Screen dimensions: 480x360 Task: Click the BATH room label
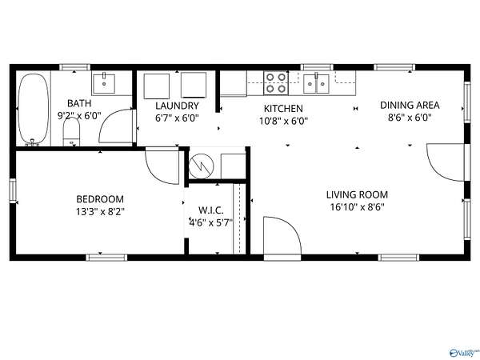79,103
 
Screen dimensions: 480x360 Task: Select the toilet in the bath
71,132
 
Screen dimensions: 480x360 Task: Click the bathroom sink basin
104,83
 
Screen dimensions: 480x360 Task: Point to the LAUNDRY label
177,106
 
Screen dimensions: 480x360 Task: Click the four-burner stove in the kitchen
276,83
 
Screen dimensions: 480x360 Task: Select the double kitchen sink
316,83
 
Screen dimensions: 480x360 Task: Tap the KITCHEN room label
283,108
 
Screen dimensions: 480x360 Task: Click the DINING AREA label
410,105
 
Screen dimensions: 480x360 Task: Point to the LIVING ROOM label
357,194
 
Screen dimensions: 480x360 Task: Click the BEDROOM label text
100,199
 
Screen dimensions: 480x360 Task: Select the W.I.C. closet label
211,210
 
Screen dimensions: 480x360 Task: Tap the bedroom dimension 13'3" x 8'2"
100,211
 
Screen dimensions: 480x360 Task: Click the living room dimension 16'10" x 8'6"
358,207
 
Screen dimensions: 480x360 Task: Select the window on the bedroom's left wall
13,190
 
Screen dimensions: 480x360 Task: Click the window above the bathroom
74,67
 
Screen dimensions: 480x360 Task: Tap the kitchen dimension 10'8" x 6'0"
283,122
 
